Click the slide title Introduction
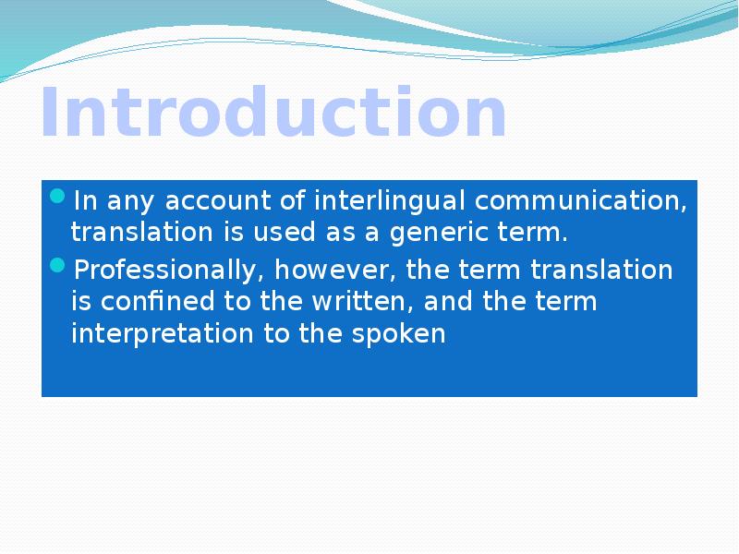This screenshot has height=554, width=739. click(x=273, y=114)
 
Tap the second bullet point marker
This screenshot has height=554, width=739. click(x=57, y=266)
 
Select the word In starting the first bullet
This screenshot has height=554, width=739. click(x=84, y=200)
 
